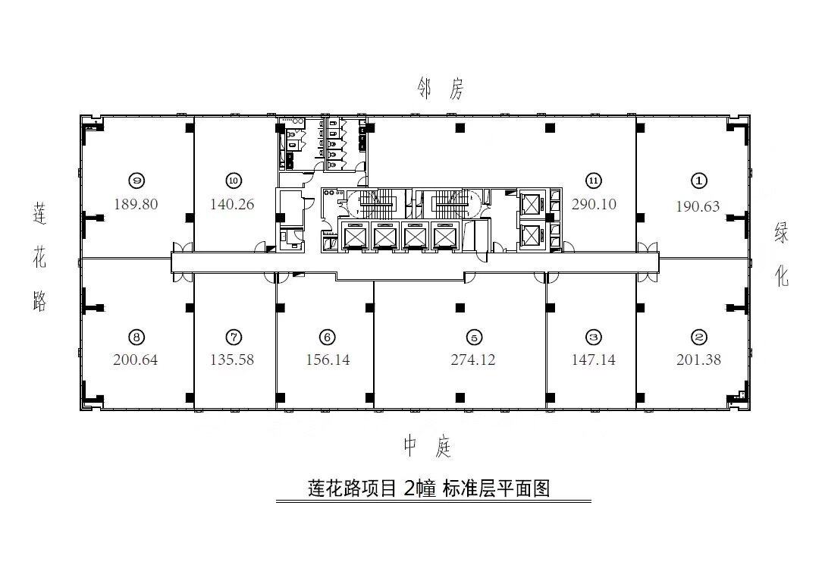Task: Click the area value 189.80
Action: coord(136,204)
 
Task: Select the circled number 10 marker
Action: coord(233,181)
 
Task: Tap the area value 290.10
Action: coord(594,204)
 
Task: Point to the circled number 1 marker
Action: coord(698,181)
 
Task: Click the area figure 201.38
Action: coord(698,360)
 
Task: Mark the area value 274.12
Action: coord(472,360)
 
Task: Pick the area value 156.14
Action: coord(328,360)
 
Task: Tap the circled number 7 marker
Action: coord(233,338)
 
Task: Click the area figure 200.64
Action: coord(136,360)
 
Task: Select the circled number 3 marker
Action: coord(594,338)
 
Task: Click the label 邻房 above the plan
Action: coord(440,90)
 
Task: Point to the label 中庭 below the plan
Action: coord(428,447)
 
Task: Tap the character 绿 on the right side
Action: coord(781,234)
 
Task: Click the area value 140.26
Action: coord(233,204)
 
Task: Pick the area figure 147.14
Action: coord(594,360)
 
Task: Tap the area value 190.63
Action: coord(698,206)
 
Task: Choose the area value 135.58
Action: coord(233,360)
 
